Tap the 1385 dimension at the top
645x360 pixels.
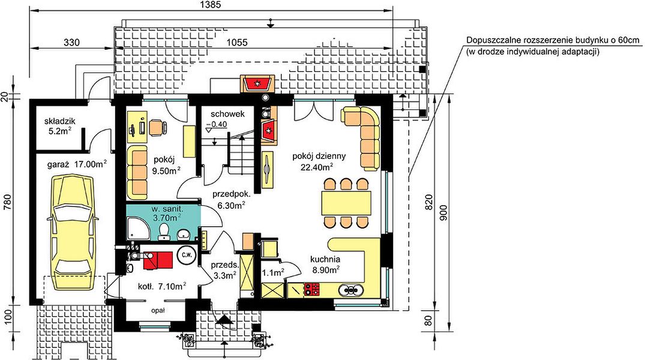point(211,5)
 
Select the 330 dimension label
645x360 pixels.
point(71,43)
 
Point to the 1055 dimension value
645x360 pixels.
point(237,43)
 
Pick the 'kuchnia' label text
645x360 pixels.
point(325,260)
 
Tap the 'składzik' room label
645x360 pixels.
point(60,121)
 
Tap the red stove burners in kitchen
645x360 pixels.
point(312,289)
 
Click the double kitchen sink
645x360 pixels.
point(351,290)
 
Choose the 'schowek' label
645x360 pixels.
point(228,114)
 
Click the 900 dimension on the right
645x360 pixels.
point(443,212)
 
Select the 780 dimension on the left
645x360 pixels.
point(7,202)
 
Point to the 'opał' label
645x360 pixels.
point(158,311)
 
